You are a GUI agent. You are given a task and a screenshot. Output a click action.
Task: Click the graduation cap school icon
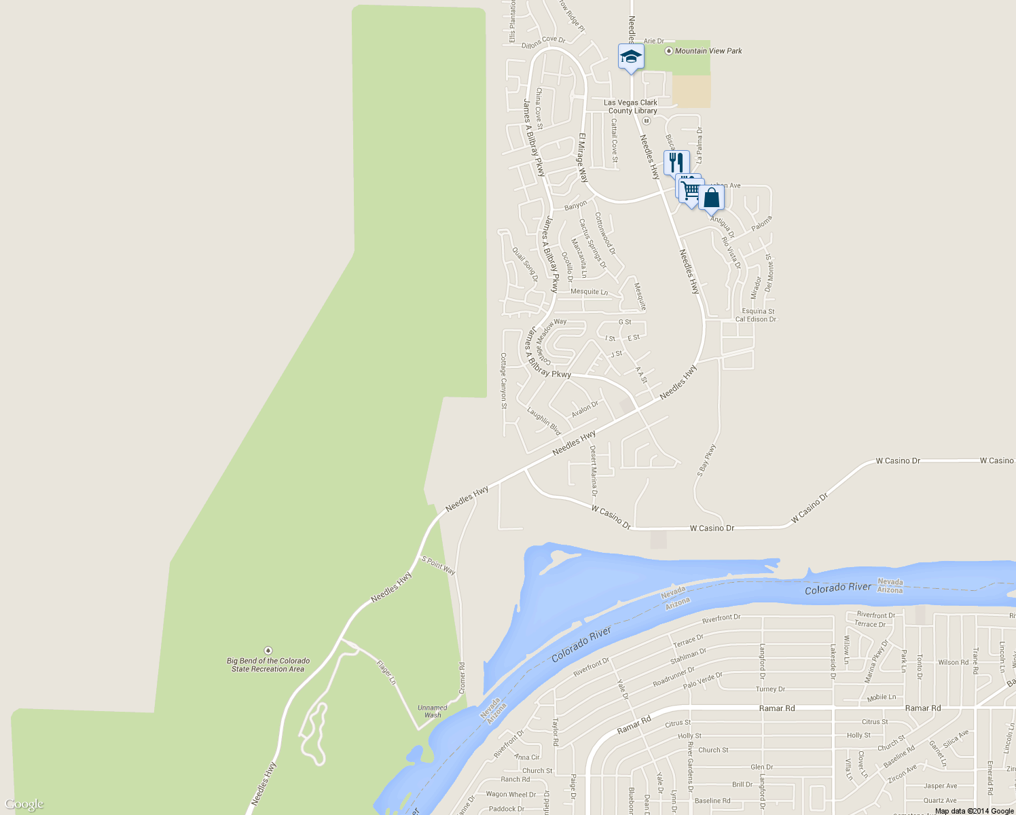631,57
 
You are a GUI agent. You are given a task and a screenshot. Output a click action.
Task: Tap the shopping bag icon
711,198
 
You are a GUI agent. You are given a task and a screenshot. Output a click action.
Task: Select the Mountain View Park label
708,51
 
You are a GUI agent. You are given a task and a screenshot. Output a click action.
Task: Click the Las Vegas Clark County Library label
632,107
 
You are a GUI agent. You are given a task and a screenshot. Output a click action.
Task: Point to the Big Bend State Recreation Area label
268,665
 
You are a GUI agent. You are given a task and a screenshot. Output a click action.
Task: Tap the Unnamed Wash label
433,711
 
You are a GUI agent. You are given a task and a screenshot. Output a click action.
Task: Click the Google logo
24,804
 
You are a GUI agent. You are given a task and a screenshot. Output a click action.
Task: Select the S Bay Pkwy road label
706,460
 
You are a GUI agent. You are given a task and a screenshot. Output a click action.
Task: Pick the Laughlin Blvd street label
545,421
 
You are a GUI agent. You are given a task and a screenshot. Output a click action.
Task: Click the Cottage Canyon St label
503,381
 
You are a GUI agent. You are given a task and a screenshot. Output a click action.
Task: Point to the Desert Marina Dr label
593,471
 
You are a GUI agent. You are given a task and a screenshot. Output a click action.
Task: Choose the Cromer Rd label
462,678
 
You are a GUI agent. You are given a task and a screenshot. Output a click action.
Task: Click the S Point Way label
439,565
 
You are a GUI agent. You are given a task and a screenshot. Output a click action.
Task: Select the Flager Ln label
386,672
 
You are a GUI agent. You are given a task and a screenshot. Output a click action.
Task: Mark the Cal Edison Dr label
755,319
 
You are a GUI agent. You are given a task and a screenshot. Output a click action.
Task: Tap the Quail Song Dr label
525,264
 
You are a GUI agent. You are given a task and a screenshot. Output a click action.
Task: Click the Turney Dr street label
770,689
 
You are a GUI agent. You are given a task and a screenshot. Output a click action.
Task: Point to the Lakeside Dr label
833,662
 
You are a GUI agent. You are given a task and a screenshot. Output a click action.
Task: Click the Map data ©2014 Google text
974,811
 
